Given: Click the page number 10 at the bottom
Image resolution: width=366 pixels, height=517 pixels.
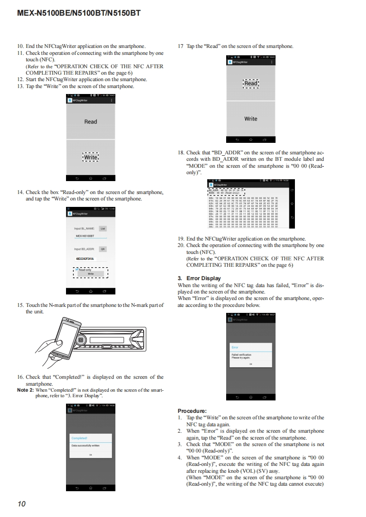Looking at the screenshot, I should [x=21, y=504].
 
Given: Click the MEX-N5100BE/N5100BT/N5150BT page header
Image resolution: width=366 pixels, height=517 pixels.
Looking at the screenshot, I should [x=78, y=13].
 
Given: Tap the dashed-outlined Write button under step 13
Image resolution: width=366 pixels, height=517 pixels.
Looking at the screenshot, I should [x=90, y=157].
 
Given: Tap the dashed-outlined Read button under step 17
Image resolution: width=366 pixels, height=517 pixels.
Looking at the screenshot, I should [x=251, y=83].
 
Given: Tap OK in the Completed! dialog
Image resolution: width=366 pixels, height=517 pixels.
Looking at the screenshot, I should [x=90, y=455].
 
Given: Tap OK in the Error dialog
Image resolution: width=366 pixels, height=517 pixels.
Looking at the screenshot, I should [x=251, y=364].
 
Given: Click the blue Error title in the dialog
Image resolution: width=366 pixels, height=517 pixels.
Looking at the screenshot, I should [x=235, y=347].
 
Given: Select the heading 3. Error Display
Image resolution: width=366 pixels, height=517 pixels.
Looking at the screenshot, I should [x=199, y=278].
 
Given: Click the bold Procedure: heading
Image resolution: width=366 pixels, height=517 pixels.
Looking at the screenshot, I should [x=192, y=411].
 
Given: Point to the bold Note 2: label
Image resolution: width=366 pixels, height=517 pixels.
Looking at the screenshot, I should [x=25, y=390].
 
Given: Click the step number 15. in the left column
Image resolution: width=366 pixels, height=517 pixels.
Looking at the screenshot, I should [x=21, y=305].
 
